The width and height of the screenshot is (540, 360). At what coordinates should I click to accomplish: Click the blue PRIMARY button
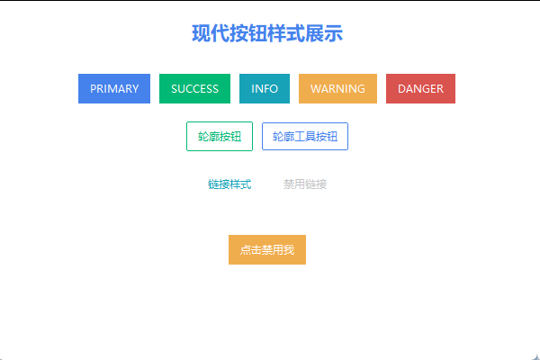pyautogui.click(x=114, y=89)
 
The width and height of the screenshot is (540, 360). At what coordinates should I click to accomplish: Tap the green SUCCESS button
pyautogui.click(x=194, y=89)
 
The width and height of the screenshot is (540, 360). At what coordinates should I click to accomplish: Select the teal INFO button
pyautogui.click(x=265, y=89)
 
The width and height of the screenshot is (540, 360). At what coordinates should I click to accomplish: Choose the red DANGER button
pyautogui.click(x=420, y=89)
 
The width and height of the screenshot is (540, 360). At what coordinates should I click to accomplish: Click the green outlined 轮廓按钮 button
pyautogui.click(x=220, y=137)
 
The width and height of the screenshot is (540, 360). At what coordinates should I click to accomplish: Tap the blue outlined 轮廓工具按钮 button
pyautogui.click(x=305, y=137)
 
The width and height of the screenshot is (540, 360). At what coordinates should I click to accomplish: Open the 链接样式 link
pyautogui.click(x=229, y=184)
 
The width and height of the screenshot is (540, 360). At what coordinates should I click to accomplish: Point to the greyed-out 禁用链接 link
pyautogui.click(x=305, y=184)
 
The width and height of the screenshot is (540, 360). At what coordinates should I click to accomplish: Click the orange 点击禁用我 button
pyautogui.click(x=267, y=250)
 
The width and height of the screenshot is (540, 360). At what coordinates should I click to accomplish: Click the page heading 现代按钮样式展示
pyautogui.click(x=267, y=34)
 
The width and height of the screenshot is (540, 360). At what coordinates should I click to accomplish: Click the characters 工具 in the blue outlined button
pyautogui.click(x=305, y=137)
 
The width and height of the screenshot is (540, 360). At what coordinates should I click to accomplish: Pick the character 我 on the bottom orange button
pyautogui.click(x=289, y=250)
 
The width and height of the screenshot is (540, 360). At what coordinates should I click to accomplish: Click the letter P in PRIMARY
pyautogui.click(x=94, y=89)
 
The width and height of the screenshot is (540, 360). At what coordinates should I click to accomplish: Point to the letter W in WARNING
pyautogui.click(x=316, y=89)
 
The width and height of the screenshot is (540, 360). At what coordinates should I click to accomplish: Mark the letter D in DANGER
pyautogui.click(x=402, y=89)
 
